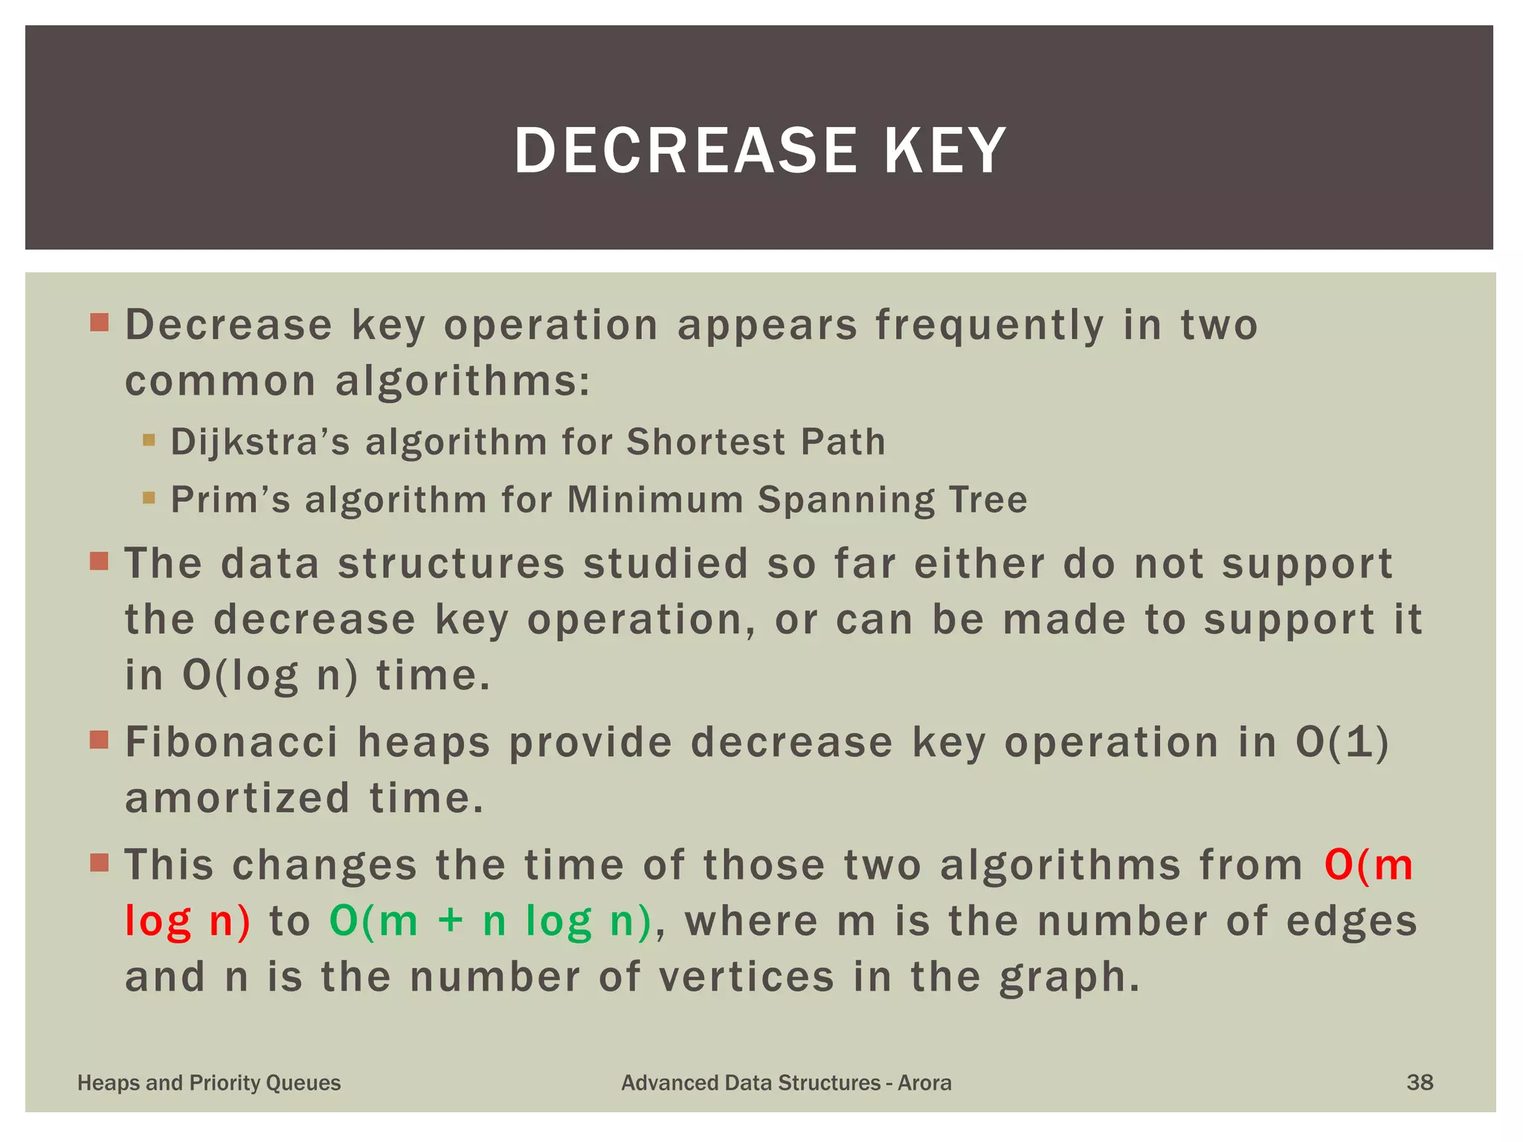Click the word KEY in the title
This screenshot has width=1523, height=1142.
944,151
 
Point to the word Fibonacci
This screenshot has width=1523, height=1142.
232,742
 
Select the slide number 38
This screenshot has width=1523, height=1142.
1420,1083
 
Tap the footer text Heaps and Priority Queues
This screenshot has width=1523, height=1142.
209,1083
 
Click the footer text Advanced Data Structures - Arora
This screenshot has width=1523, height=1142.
786,1083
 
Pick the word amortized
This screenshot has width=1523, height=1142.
237,799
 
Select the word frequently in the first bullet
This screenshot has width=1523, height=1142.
990,326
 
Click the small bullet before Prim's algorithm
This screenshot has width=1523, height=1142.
149,497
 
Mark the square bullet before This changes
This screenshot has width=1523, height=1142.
99,862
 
